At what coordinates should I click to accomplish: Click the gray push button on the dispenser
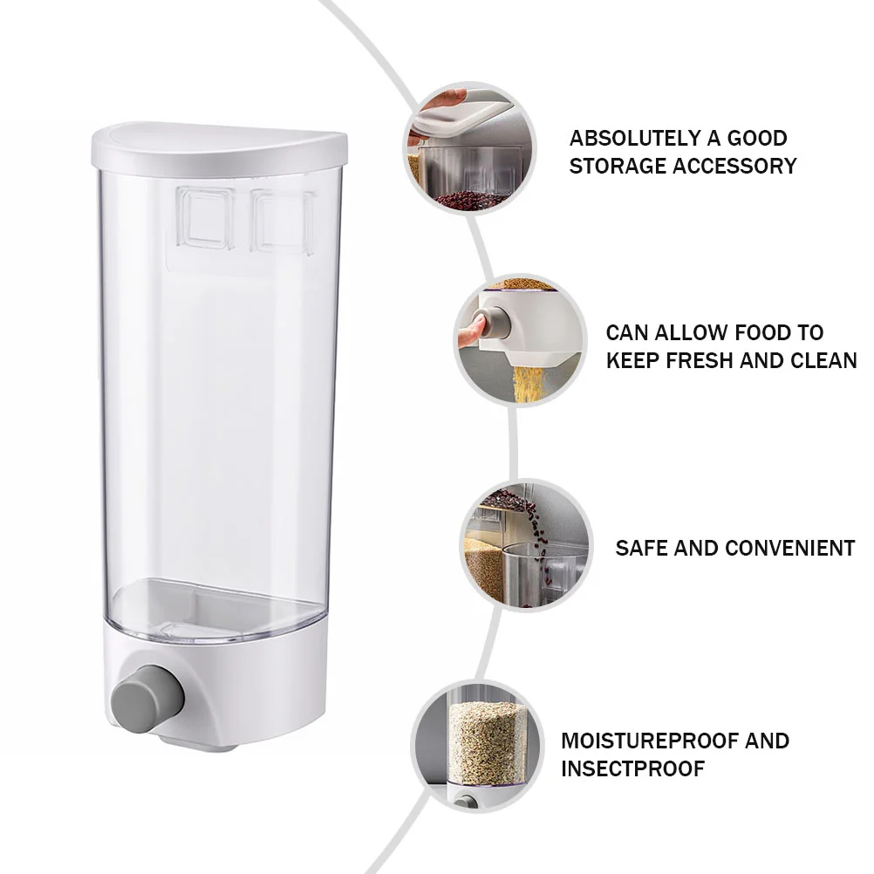click(x=147, y=697)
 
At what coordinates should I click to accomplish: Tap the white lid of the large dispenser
click(x=219, y=147)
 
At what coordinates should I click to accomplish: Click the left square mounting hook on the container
click(x=204, y=218)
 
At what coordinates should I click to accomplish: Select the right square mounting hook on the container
click(x=283, y=222)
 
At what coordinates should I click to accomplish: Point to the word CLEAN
click(x=823, y=360)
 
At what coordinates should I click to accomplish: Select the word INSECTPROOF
click(x=632, y=768)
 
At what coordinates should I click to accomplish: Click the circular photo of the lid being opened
click(x=469, y=148)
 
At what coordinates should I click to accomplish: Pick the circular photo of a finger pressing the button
click(x=520, y=340)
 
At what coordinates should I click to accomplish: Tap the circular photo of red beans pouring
click(x=526, y=545)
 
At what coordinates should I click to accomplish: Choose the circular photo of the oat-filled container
click(x=477, y=747)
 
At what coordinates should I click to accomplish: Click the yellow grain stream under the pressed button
click(x=528, y=384)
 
